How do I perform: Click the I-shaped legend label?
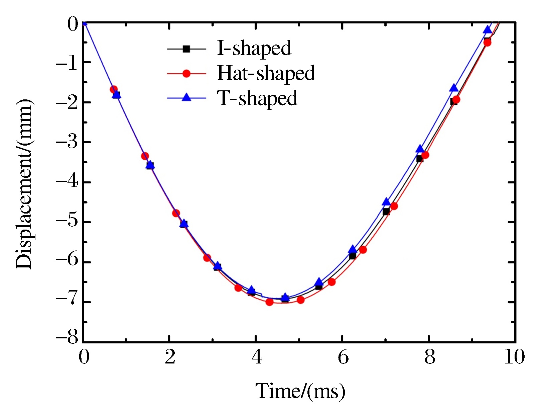(x=254, y=49)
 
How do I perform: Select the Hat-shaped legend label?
(x=266, y=73)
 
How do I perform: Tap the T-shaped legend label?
(x=257, y=98)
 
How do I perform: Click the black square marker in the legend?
(x=186, y=49)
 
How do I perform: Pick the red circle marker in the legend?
(x=186, y=74)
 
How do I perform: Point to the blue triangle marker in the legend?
(x=186, y=98)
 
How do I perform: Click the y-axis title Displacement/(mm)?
(x=24, y=184)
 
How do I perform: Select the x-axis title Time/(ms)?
(x=300, y=391)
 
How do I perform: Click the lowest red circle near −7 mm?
(x=269, y=302)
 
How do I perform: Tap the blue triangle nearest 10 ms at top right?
(x=488, y=30)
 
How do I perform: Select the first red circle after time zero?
(x=114, y=89)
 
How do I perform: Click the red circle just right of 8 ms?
(x=425, y=155)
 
